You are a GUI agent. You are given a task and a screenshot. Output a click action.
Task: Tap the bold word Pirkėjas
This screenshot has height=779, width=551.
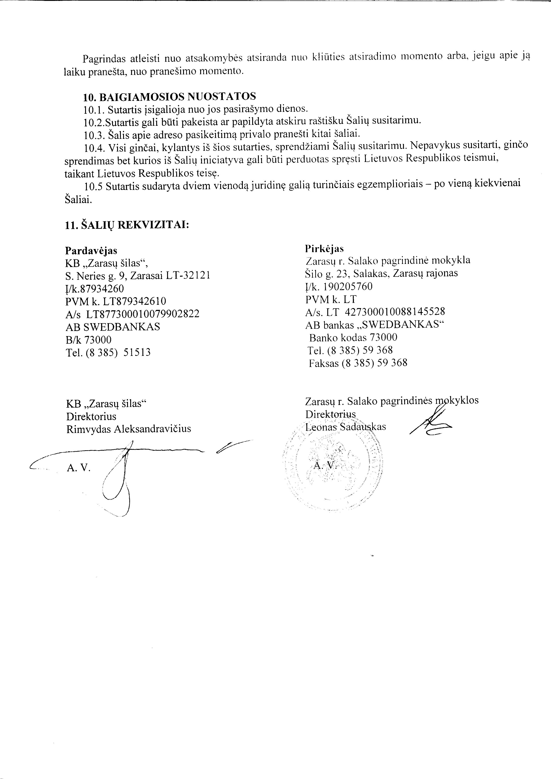point(324,249)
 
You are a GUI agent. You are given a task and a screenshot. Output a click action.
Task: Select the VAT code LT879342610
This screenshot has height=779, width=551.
point(130,301)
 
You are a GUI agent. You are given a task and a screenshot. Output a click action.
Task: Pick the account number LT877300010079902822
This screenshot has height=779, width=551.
point(142,314)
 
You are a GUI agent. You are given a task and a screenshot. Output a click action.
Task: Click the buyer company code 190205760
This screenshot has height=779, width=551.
point(347,287)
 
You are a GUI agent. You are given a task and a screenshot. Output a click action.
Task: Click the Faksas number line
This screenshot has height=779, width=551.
point(358,363)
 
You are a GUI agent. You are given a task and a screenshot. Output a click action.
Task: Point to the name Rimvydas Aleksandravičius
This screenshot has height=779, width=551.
point(129,429)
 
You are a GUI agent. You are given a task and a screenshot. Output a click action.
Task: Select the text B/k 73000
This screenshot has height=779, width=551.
point(89,340)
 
